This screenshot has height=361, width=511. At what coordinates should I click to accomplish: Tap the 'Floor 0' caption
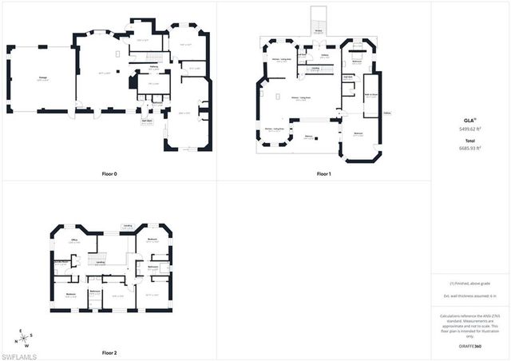click(109, 173)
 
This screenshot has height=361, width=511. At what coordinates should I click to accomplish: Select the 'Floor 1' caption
click(323, 173)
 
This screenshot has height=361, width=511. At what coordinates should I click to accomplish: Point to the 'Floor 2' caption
click(109, 352)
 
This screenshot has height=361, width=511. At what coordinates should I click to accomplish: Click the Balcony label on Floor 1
click(309, 136)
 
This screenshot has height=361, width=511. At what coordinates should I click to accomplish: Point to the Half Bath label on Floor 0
click(147, 121)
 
